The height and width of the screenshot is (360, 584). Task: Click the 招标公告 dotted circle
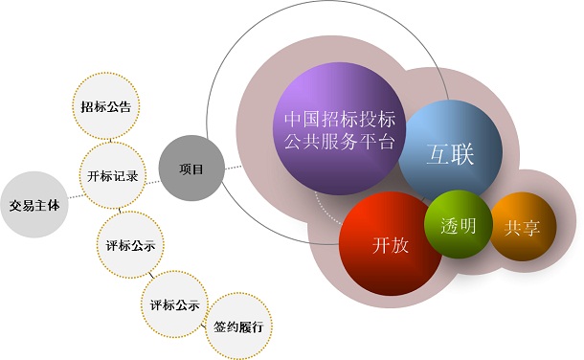(x=107, y=104)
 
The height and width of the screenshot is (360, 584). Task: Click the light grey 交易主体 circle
(x=34, y=205)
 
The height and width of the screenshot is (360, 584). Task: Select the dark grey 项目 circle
(x=191, y=169)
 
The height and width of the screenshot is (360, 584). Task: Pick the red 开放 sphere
(x=390, y=243)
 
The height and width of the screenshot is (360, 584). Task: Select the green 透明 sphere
(x=457, y=227)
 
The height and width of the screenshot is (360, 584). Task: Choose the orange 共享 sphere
(x=523, y=229)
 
